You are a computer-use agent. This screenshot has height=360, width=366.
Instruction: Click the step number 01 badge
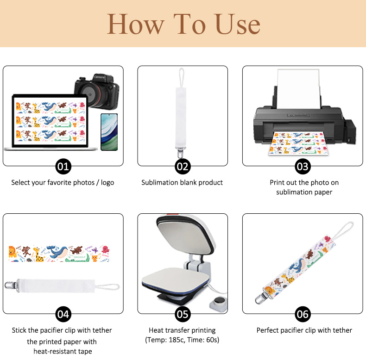point(63,166)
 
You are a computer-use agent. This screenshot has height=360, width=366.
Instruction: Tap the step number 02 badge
point(183,166)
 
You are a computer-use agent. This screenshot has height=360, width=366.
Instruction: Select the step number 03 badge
point(303,166)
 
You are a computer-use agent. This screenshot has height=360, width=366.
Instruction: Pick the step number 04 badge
point(63,314)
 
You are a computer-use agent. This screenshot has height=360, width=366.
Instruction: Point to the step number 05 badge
point(183,314)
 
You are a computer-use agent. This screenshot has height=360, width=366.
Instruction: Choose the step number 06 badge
point(303,314)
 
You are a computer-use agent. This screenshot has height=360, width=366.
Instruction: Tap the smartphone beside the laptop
point(109,132)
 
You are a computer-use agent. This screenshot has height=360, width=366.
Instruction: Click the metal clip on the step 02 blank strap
point(180,153)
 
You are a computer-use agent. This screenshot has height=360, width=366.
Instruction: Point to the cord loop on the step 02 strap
point(181,77)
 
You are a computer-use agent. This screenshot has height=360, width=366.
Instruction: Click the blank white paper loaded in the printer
point(298,88)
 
